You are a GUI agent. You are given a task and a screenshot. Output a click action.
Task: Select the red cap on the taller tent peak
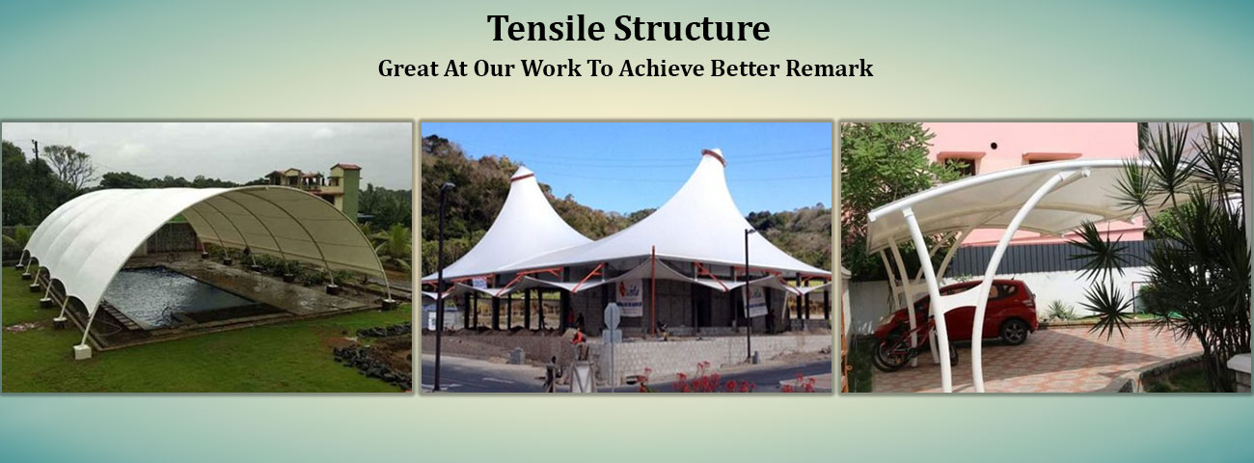712,155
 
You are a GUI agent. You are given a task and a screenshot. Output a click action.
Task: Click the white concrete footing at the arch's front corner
82,351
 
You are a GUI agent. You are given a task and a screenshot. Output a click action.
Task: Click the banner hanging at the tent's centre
629,296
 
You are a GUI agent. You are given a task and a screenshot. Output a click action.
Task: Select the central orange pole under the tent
653,288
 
